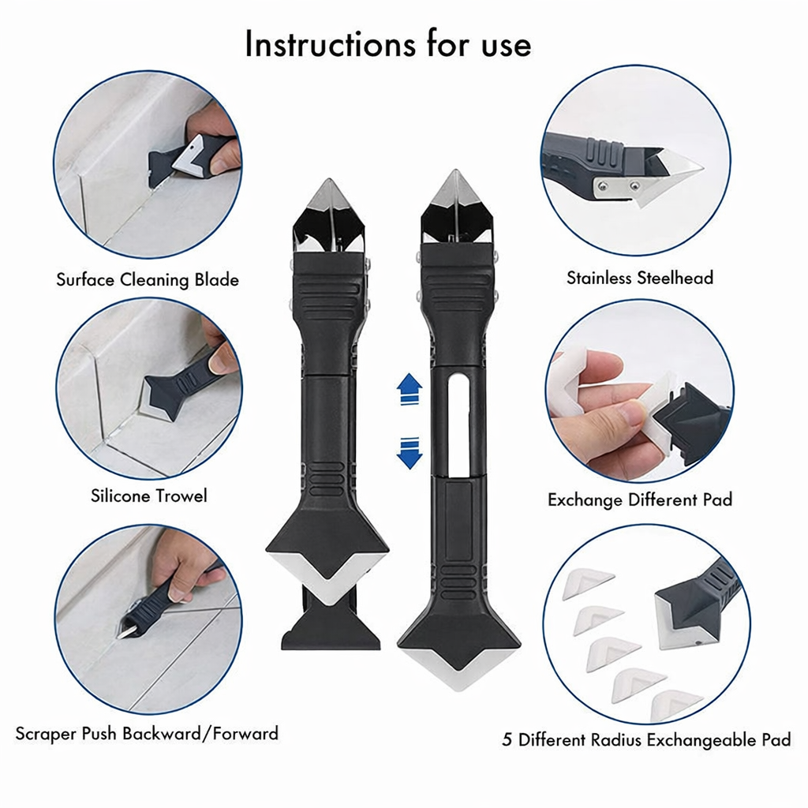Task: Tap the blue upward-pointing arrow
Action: tap(409, 389)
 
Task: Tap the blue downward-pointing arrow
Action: tap(409, 453)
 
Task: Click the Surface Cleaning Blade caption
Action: tap(147, 279)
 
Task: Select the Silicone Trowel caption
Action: tap(149, 496)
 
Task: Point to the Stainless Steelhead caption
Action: tap(639, 278)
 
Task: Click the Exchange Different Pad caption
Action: tap(640, 499)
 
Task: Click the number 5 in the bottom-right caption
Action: tap(508, 740)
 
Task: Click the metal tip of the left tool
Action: tap(326, 195)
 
